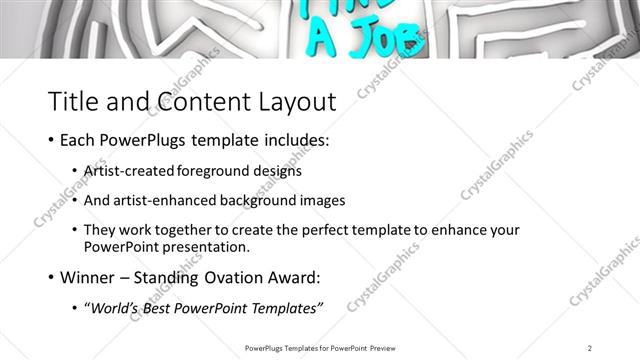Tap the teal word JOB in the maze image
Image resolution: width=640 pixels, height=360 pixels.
click(x=386, y=37)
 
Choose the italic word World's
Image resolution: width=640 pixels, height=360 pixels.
click(x=116, y=306)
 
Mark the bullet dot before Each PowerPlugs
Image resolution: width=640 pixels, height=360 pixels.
click(x=51, y=141)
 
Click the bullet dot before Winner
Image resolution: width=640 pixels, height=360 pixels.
click(x=51, y=277)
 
